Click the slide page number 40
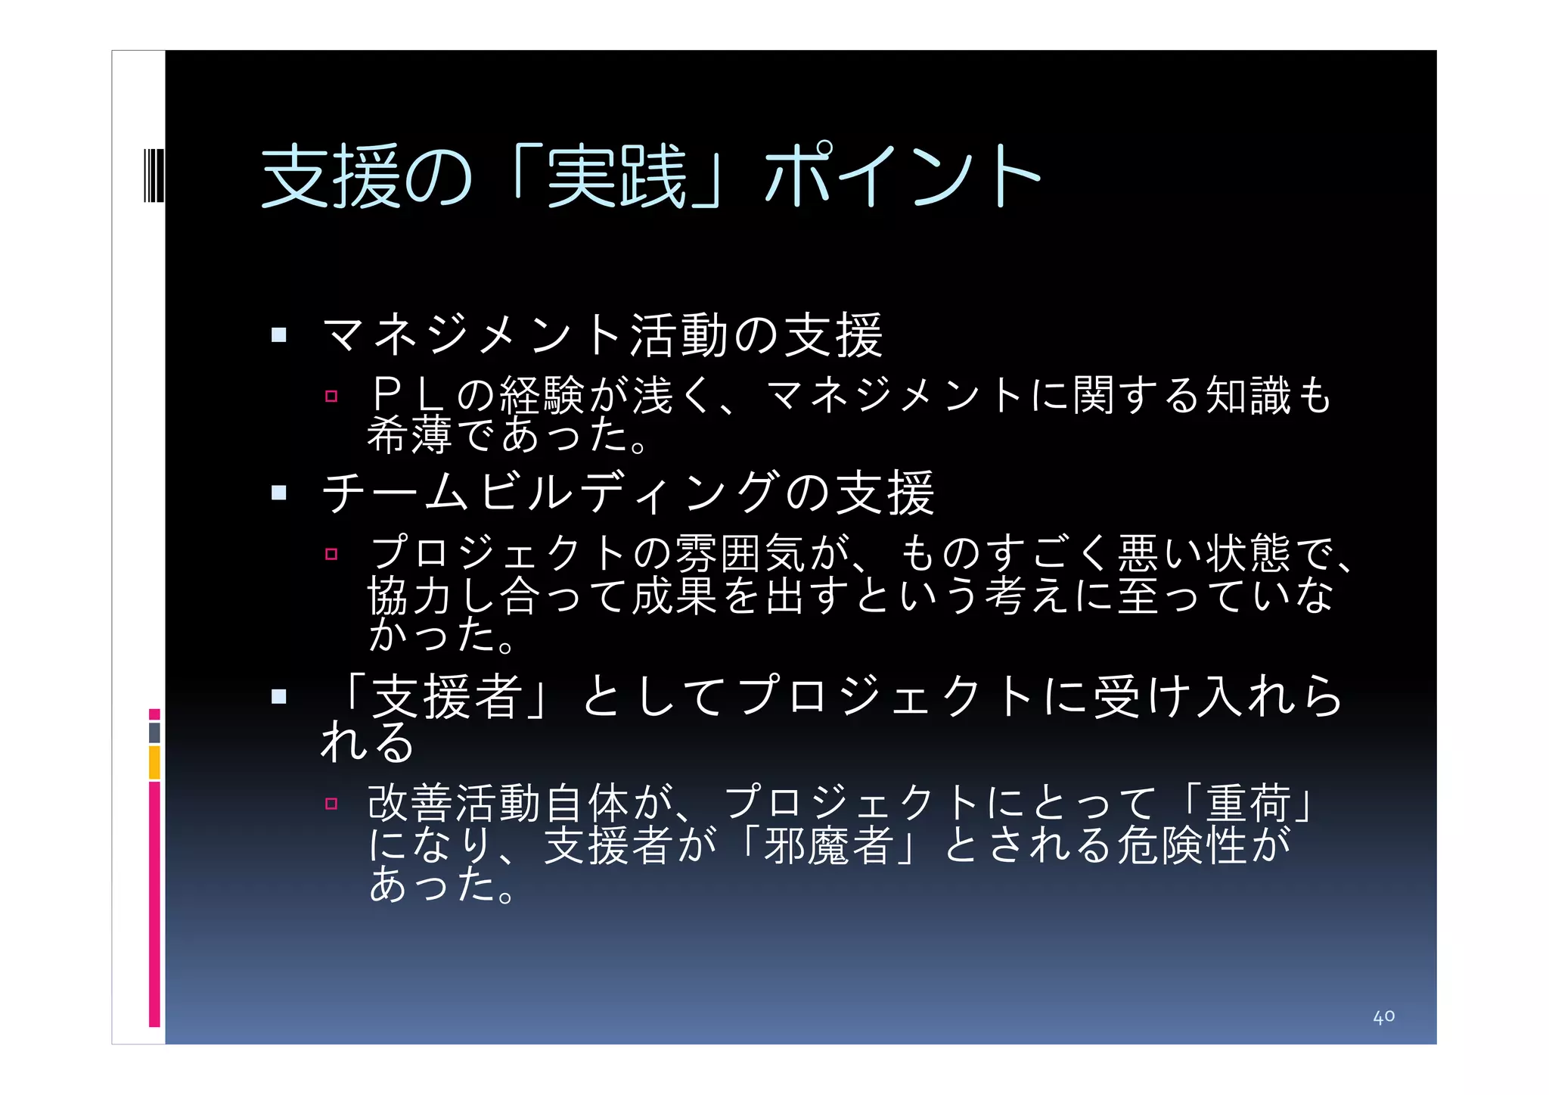1383,1016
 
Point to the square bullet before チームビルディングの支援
279,493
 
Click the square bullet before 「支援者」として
279,696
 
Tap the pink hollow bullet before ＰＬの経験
331,396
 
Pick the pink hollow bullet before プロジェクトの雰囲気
331,554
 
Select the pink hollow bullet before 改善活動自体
331,804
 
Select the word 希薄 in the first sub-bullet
409,435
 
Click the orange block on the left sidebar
154,762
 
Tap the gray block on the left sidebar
154,733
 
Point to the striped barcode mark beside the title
154,176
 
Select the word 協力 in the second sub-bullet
409,596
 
